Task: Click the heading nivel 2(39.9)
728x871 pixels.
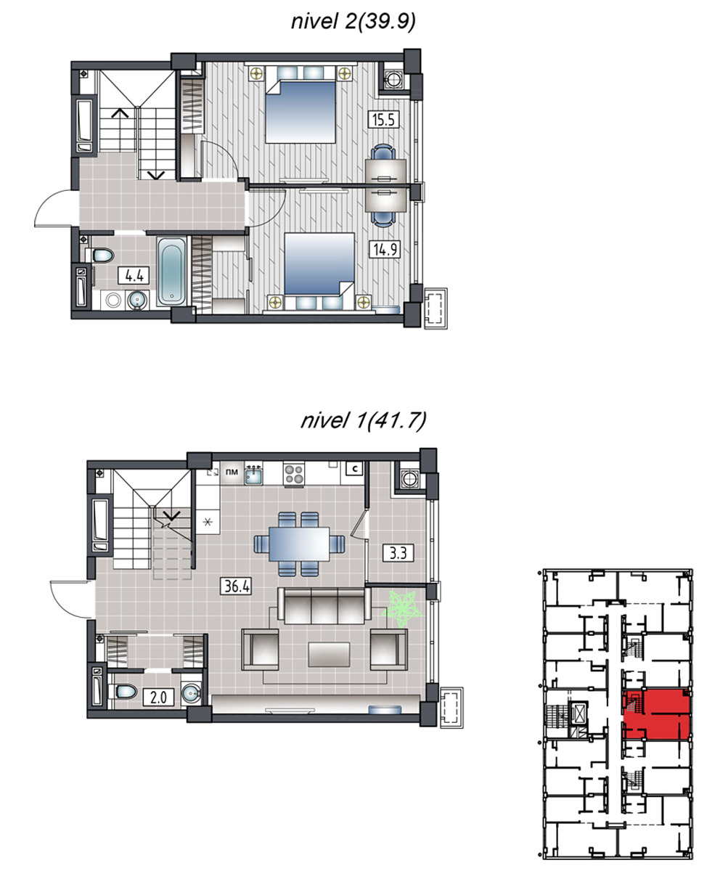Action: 353,22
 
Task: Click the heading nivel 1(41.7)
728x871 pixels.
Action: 364,420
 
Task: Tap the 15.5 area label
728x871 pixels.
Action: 383,120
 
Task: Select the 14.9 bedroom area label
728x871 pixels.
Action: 385,250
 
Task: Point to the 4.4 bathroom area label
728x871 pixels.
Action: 134,276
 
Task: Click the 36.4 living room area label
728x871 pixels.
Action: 237,586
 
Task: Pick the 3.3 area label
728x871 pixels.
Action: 398,554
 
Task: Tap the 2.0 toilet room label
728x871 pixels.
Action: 158,697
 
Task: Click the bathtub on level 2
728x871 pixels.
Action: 171,271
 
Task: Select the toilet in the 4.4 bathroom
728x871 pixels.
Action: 100,255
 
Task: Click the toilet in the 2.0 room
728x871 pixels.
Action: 123,692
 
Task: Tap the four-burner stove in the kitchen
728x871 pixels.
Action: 294,474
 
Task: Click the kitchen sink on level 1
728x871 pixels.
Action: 253,475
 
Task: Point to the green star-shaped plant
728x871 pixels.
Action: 402,609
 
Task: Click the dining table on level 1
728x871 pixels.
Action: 299,544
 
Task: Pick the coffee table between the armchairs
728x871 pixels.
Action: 330,655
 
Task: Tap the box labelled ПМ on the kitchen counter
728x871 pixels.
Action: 232,473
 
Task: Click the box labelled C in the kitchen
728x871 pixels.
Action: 355,469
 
